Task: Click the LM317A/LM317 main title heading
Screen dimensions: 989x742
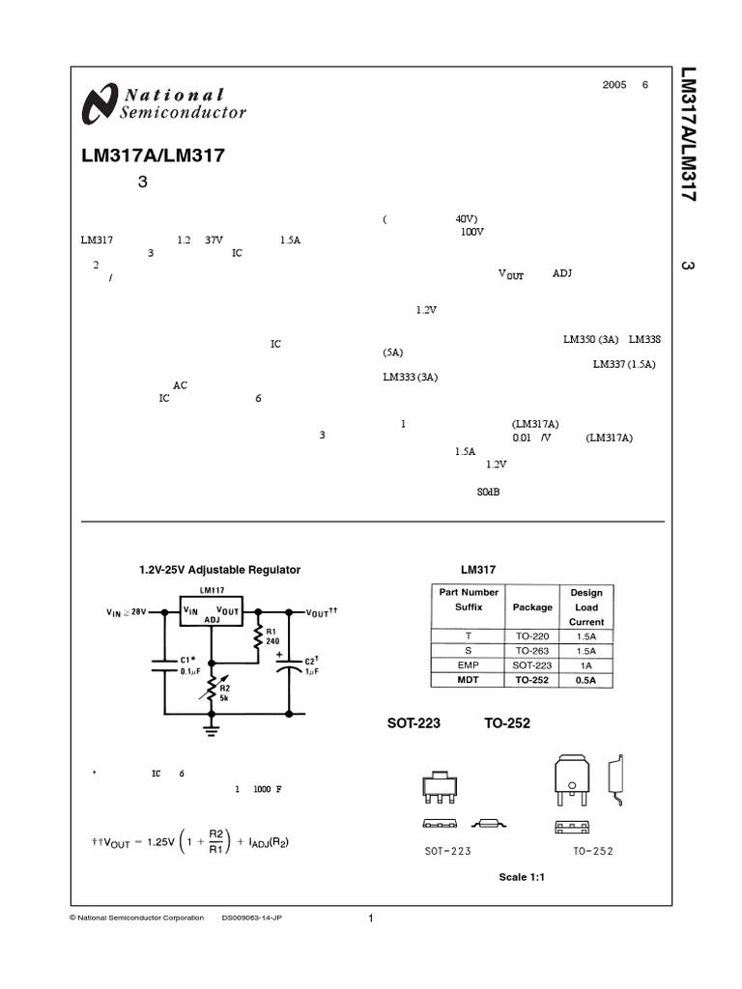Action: pyautogui.click(x=155, y=155)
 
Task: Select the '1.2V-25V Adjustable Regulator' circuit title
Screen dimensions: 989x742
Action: pyautogui.click(x=220, y=570)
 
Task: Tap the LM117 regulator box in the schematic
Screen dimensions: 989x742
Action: pyautogui.click(x=212, y=611)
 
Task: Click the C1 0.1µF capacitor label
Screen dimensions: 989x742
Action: pyautogui.click(x=190, y=664)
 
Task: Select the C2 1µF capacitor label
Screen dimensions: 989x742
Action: pyautogui.click(x=310, y=665)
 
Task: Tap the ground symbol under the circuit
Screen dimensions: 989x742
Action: pyautogui.click(x=212, y=728)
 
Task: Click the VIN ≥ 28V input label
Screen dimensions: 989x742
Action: pyautogui.click(x=126, y=612)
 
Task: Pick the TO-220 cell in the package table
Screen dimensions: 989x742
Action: pyautogui.click(x=532, y=636)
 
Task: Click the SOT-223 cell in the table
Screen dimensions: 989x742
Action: pyautogui.click(x=532, y=665)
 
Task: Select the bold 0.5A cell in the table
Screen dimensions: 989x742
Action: pyautogui.click(x=585, y=680)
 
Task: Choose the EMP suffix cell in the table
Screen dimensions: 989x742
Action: pyautogui.click(x=468, y=665)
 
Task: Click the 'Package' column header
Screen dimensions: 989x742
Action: pyautogui.click(x=532, y=608)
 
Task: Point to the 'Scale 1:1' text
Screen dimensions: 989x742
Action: pyautogui.click(x=523, y=877)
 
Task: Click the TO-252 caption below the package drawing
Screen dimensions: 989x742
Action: pyautogui.click(x=592, y=851)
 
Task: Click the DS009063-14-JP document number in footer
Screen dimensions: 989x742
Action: pyautogui.click(x=252, y=918)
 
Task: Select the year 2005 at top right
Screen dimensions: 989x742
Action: pyautogui.click(x=614, y=85)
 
